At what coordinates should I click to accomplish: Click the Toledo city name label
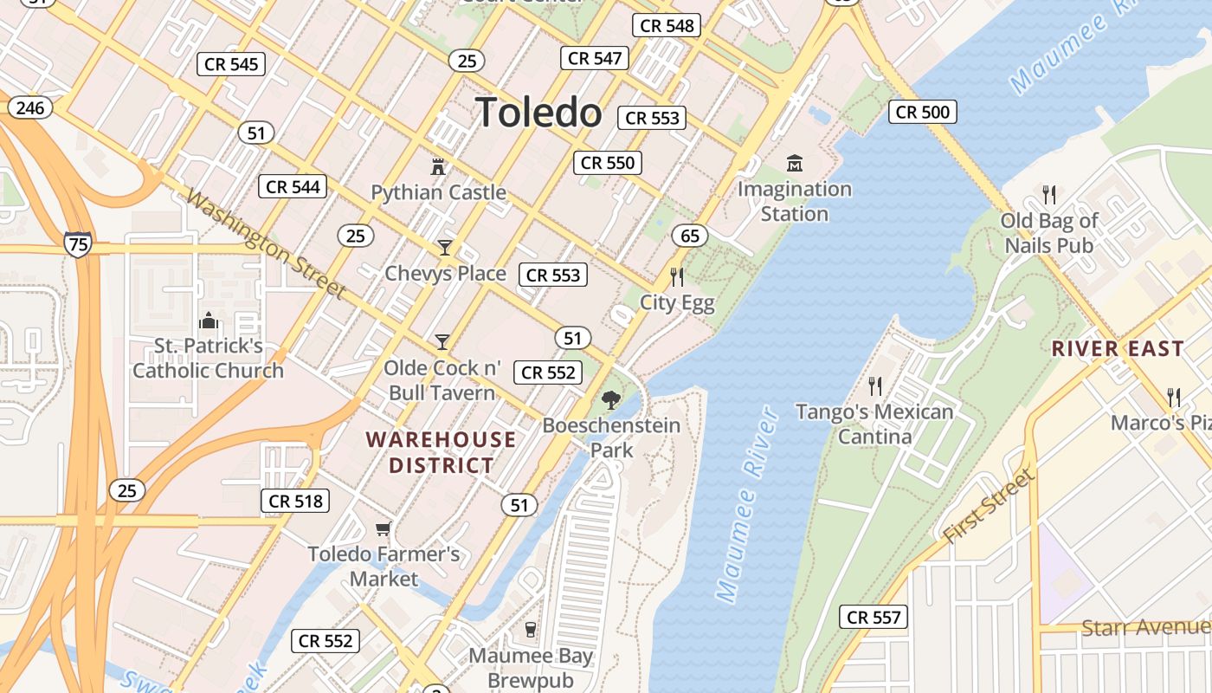(x=538, y=113)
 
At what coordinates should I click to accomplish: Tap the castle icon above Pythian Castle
(x=438, y=165)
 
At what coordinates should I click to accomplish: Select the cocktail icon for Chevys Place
(x=445, y=248)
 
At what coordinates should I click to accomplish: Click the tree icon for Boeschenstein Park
(x=611, y=399)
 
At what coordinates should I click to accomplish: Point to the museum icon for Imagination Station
(x=795, y=163)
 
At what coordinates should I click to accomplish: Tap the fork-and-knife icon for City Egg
(x=677, y=277)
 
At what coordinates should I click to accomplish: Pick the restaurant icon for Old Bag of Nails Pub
(x=1049, y=194)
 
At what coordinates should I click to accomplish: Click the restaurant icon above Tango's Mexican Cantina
(x=875, y=385)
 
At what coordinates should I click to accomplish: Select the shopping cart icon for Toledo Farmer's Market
(x=384, y=528)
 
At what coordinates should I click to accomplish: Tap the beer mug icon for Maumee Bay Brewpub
(x=531, y=630)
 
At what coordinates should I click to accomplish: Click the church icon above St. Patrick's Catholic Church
(x=209, y=321)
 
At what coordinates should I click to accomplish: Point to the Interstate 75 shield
(x=77, y=244)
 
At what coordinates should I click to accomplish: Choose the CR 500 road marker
(x=923, y=112)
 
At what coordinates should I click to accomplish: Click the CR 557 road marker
(x=874, y=617)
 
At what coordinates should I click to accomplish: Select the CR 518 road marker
(x=295, y=501)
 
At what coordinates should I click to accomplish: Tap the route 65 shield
(x=689, y=236)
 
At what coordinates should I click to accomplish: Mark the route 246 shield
(x=30, y=107)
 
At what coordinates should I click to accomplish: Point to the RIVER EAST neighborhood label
(x=1118, y=349)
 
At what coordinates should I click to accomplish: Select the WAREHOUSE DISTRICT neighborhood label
(x=441, y=452)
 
